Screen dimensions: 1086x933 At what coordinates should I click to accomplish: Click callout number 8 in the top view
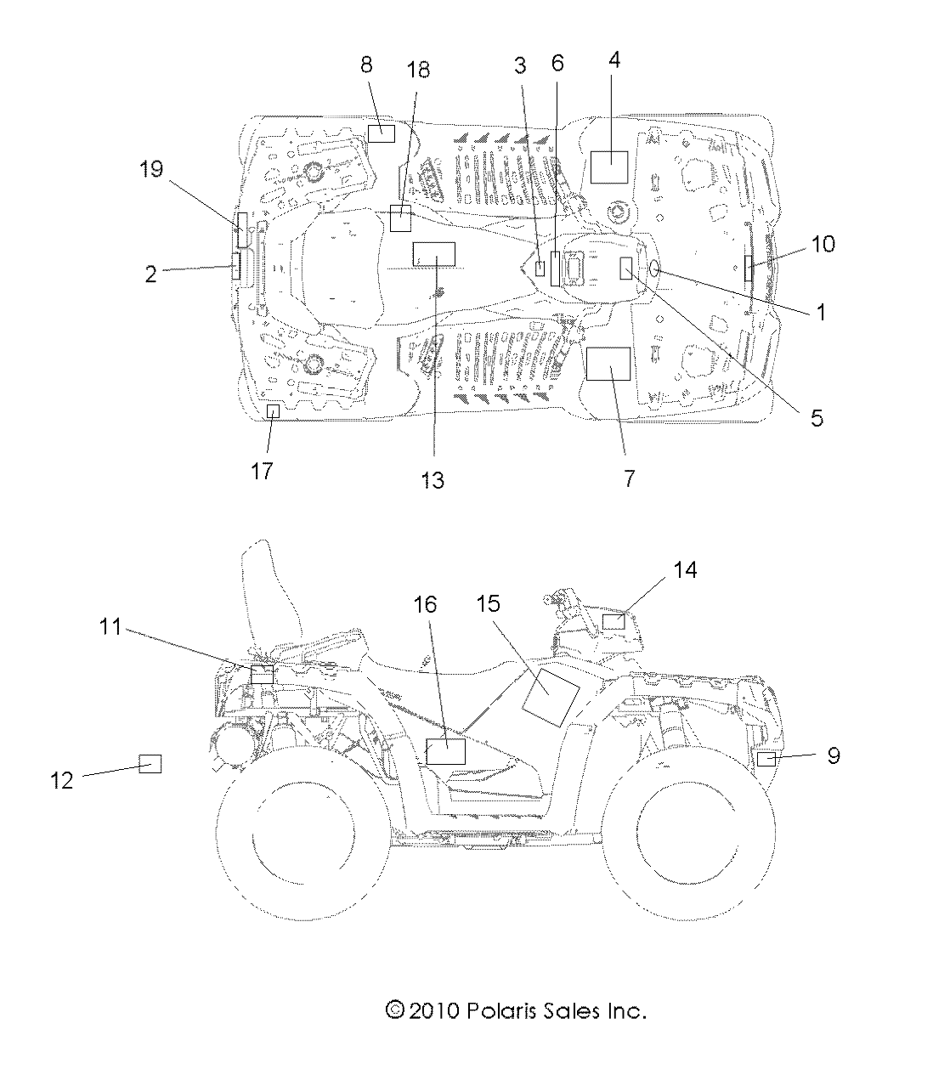pyautogui.click(x=366, y=65)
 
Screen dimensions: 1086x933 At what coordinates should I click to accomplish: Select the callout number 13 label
pyautogui.click(x=433, y=480)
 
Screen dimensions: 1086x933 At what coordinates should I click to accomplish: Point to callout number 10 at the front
pyautogui.click(x=823, y=245)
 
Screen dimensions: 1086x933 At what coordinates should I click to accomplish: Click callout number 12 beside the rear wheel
pyautogui.click(x=63, y=780)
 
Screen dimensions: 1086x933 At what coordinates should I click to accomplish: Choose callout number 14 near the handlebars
pyautogui.click(x=685, y=570)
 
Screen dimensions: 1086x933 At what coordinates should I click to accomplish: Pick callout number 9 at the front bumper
pyautogui.click(x=833, y=755)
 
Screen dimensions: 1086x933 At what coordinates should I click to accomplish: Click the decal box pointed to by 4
pyautogui.click(x=608, y=167)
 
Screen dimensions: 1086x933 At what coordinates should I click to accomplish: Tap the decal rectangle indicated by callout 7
pyautogui.click(x=608, y=363)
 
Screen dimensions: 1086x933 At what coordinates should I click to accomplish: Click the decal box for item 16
pyautogui.click(x=445, y=752)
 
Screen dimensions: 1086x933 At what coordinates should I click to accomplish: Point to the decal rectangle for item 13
pyautogui.click(x=433, y=254)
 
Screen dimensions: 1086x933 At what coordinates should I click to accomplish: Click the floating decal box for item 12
pyautogui.click(x=150, y=762)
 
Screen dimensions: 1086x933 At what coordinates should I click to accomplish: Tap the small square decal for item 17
pyautogui.click(x=273, y=412)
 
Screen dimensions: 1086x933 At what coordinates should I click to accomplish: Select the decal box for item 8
pyautogui.click(x=381, y=133)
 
